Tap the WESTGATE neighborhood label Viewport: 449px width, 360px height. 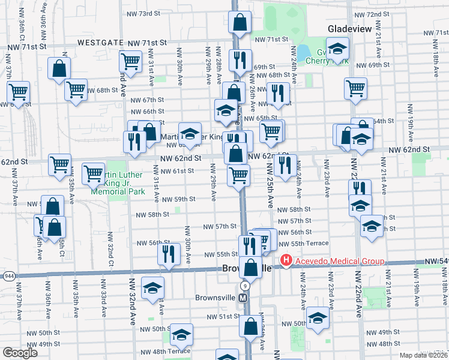click(100, 43)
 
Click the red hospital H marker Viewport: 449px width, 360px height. click(286, 260)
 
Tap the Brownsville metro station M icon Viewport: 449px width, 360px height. click(243, 298)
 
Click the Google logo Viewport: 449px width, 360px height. click(20, 353)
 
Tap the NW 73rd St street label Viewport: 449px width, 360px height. click(145, 13)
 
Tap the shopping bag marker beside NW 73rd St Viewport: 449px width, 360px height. click(240, 22)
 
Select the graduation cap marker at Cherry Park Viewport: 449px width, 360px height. click(337, 48)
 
